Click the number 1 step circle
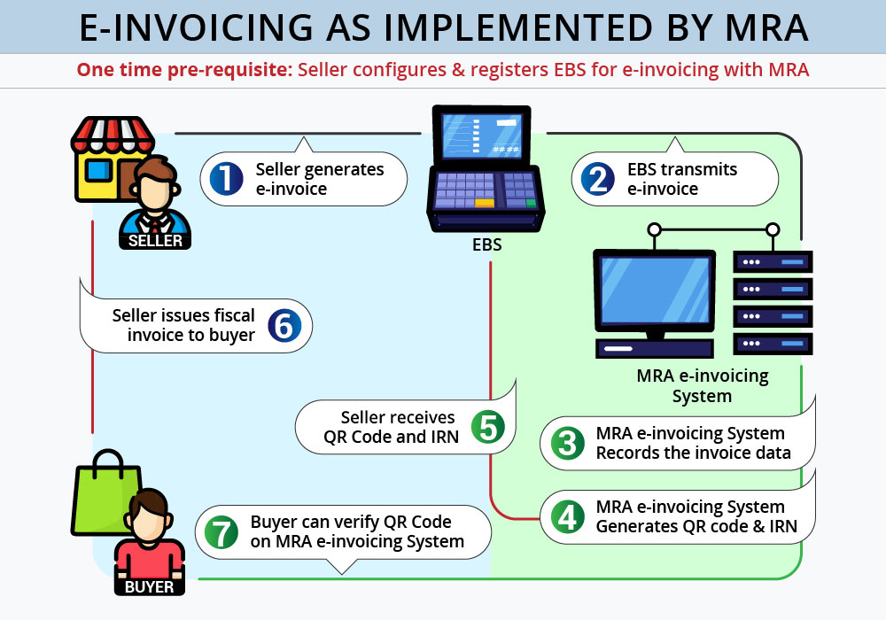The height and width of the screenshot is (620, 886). pos(226,178)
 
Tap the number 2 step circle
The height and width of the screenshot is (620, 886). pos(598,178)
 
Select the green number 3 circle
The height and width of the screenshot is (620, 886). pos(567,444)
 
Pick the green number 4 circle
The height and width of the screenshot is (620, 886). pos(567,517)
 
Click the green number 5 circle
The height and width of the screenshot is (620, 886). pos(487,426)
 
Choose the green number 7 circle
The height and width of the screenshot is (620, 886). pos(221,532)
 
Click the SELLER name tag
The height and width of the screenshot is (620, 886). pos(156,240)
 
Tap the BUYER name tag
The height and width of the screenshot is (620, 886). pos(150,585)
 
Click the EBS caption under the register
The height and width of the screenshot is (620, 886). pos(486,244)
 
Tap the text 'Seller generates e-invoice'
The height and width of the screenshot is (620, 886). pos(319,178)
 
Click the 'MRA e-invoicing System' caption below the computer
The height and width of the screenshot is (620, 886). pos(702,385)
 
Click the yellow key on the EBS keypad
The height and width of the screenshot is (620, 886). pos(484,203)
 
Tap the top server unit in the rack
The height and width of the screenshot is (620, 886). pos(773,262)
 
